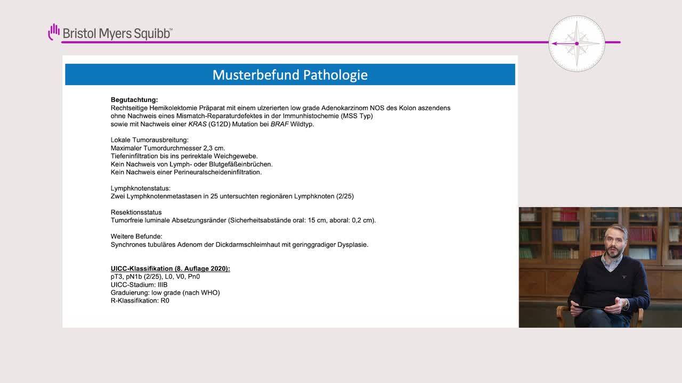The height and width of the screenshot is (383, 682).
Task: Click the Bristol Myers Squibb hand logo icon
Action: (54, 32)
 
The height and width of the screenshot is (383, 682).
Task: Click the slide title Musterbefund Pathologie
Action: (290, 75)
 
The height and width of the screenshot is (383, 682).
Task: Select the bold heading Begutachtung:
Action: (134, 99)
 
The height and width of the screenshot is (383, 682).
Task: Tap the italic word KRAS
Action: (197, 124)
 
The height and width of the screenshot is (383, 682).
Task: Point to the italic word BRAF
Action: (280, 124)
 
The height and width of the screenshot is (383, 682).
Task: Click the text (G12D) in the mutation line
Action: (219, 124)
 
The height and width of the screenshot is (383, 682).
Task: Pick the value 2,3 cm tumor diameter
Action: (214, 148)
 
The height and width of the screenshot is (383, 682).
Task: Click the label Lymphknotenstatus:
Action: (140, 188)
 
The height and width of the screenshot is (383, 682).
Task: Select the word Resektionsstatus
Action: (136, 212)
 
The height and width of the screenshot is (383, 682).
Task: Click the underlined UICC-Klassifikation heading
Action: (170, 269)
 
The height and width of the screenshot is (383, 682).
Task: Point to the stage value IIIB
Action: (163, 285)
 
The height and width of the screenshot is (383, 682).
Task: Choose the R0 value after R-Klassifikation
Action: (165, 301)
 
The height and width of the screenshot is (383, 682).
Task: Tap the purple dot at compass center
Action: (577, 44)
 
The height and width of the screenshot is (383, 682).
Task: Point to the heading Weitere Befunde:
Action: (136, 237)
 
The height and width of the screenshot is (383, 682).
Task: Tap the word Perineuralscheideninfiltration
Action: (217, 172)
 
